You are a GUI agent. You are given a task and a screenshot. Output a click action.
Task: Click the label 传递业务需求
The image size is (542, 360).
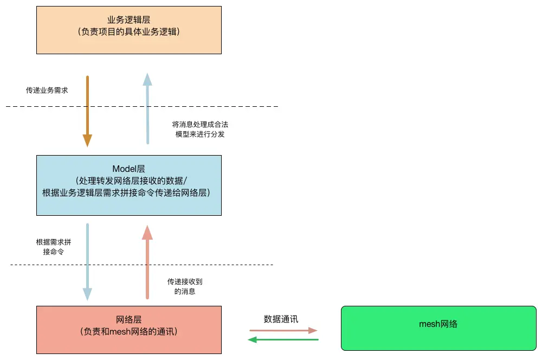[47, 91]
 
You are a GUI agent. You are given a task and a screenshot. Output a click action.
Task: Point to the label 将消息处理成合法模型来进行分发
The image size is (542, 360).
[196, 129]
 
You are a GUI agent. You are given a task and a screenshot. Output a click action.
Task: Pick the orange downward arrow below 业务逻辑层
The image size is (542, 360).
[87, 111]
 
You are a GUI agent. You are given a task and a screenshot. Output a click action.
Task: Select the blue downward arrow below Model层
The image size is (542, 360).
[87, 261]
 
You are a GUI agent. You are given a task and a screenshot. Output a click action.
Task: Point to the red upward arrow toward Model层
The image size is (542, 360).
[147, 262]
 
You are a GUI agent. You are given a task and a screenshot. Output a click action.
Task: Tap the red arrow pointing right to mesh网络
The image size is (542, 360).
[283, 330]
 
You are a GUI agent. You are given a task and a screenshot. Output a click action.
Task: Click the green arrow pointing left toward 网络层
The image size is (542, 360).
[283, 340]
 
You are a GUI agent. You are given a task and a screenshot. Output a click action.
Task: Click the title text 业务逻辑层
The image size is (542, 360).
[128, 20]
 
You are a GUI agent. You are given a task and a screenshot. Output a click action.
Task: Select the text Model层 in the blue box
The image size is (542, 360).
[128, 169]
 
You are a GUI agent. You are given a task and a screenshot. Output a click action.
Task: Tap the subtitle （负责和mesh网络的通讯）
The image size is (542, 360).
[128, 331]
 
